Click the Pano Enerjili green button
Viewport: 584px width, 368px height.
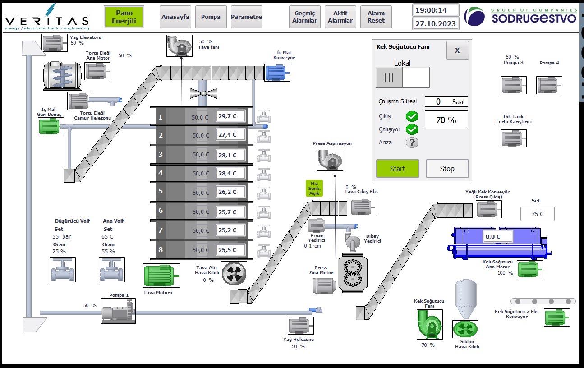pos(124,17)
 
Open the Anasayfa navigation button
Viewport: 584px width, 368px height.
pos(175,17)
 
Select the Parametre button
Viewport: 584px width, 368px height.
pos(246,17)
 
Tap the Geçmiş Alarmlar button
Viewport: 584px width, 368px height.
pos(305,17)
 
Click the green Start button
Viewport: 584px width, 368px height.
pos(397,169)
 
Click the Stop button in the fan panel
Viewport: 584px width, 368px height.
pos(447,169)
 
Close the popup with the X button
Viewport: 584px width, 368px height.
pos(457,50)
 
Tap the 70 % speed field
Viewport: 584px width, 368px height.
pos(446,120)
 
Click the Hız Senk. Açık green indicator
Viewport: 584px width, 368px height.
pos(314,188)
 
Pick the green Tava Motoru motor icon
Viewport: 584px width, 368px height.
pos(161,276)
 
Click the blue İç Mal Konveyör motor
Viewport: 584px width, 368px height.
pos(277,73)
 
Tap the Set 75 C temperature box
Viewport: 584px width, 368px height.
pos(537,214)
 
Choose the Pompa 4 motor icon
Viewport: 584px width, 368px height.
pos(549,85)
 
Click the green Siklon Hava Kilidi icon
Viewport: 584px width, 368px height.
pos(465,329)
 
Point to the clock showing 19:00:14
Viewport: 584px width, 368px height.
pos(435,10)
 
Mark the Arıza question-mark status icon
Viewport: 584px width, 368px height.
pos(412,143)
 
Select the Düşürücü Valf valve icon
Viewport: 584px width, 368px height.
pos(62,270)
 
